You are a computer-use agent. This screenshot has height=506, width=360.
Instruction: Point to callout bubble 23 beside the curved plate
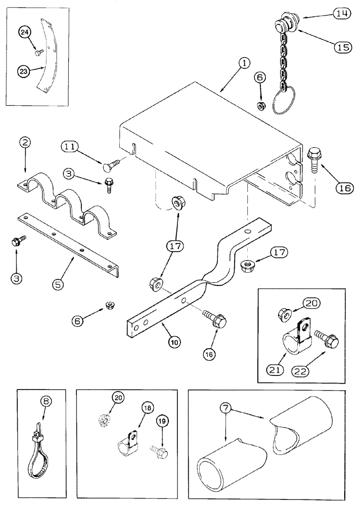coord(23,72)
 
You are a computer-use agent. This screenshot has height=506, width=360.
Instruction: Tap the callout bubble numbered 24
coord(25,33)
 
